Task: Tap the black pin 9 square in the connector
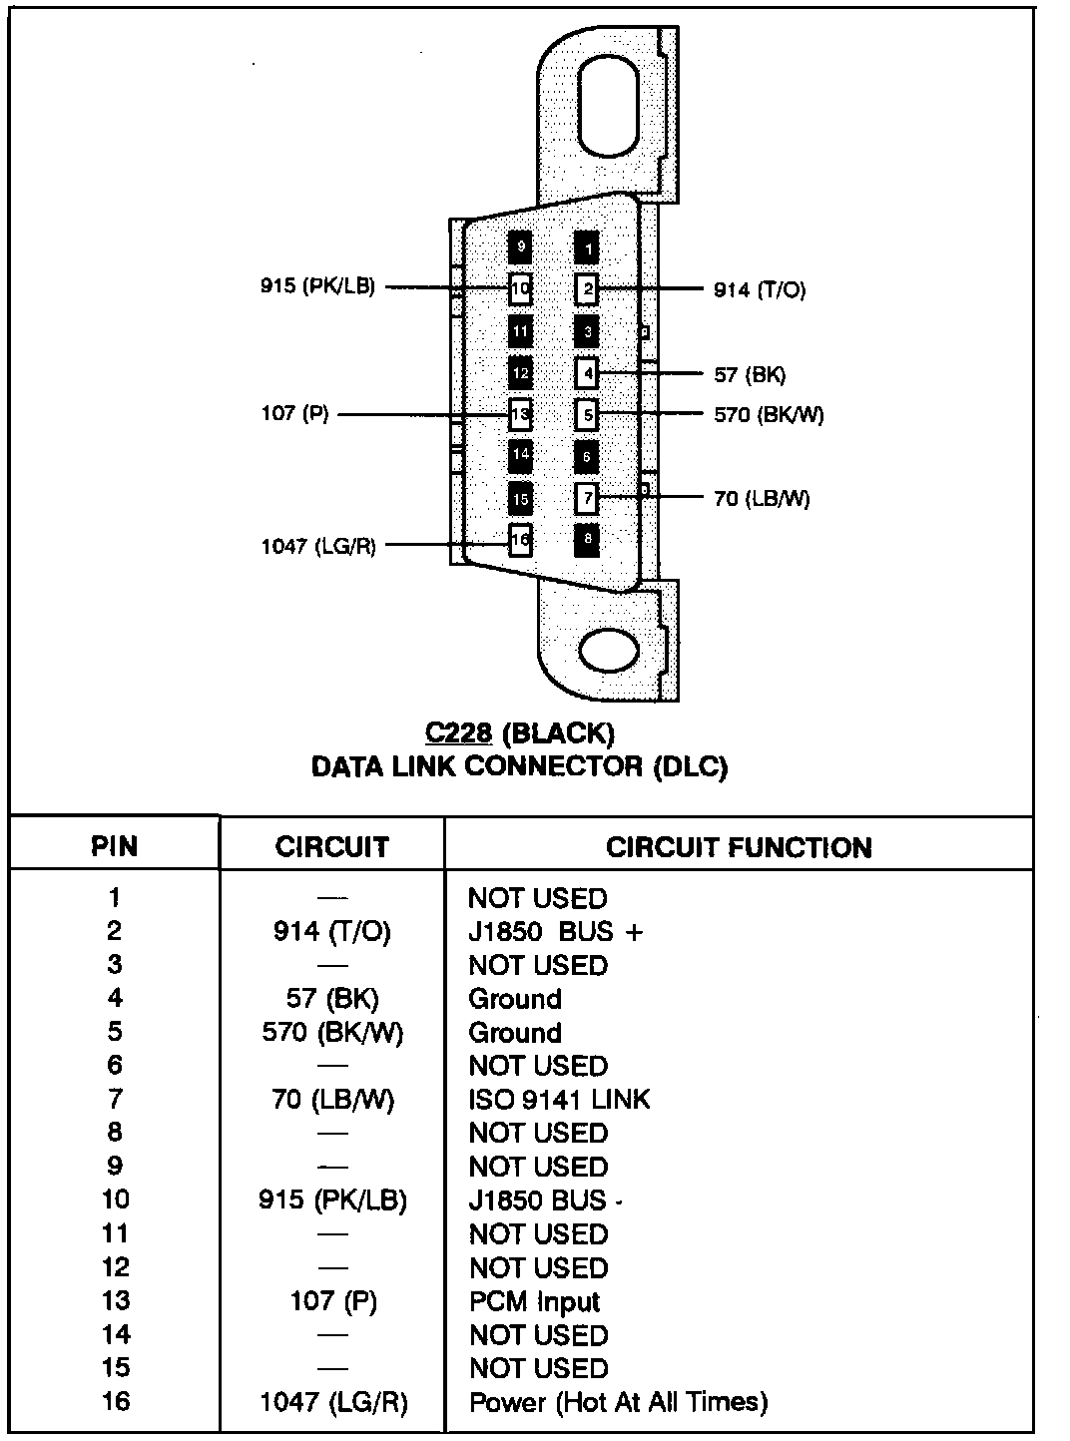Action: pos(520,245)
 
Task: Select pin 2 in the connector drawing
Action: pos(588,289)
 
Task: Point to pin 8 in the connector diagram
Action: pos(588,540)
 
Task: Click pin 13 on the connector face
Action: pos(520,412)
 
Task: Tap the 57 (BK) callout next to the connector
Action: pos(750,375)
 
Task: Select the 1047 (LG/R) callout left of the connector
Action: pos(318,546)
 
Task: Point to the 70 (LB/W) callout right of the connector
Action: pos(762,498)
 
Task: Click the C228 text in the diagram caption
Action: pos(458,733)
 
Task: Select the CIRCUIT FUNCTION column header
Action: pos(739,847)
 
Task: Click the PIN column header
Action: pos(115,847)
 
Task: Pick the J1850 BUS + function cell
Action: pos(556,932)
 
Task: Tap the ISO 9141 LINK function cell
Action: pos(559,1100)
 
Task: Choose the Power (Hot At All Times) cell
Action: pos(618,1402)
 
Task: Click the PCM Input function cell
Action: pos(534,1301)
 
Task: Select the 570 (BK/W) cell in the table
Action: pos(332,1033)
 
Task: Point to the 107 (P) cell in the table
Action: pos(332,1301)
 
